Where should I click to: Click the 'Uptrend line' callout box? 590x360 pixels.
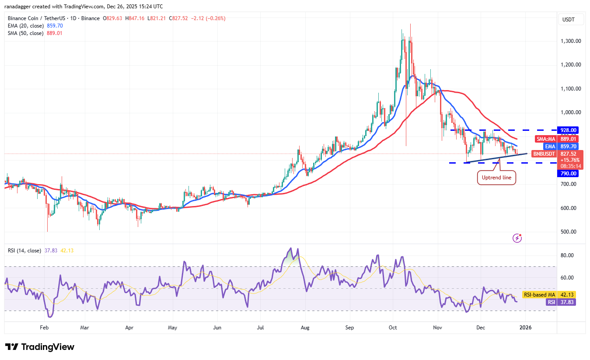click(x=496, y=178)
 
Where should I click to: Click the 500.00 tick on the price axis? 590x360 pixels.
click(x=571, y=232)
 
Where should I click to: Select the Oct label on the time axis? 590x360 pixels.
click(x=392, y=327)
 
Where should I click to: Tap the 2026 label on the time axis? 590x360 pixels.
click(x=525, y=327)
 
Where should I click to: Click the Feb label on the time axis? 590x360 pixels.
click(x=43, y=327)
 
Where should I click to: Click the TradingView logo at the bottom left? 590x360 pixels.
click(x=40, y=347)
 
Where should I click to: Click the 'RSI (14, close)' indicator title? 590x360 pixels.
click(x=24, y=251)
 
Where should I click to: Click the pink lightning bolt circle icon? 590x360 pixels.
click(x=517, y=238)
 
